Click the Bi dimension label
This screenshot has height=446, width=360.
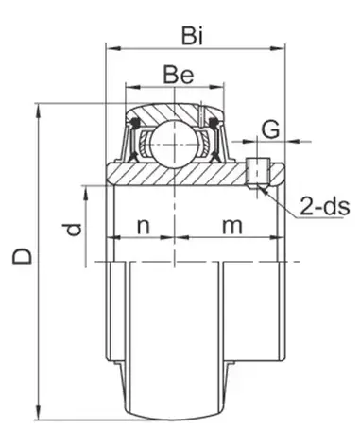(193, 36)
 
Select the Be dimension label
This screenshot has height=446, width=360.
(179, 75)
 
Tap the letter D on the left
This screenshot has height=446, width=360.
(22, 255)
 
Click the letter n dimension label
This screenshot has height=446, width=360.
(144, 226)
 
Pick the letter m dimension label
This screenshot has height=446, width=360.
(232, 226)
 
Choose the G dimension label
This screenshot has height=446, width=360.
(271, 129)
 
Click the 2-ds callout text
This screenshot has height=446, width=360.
(325, 207)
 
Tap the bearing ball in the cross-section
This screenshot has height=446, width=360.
(174, 145)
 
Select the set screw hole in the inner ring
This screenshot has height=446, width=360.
(258, 173)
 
